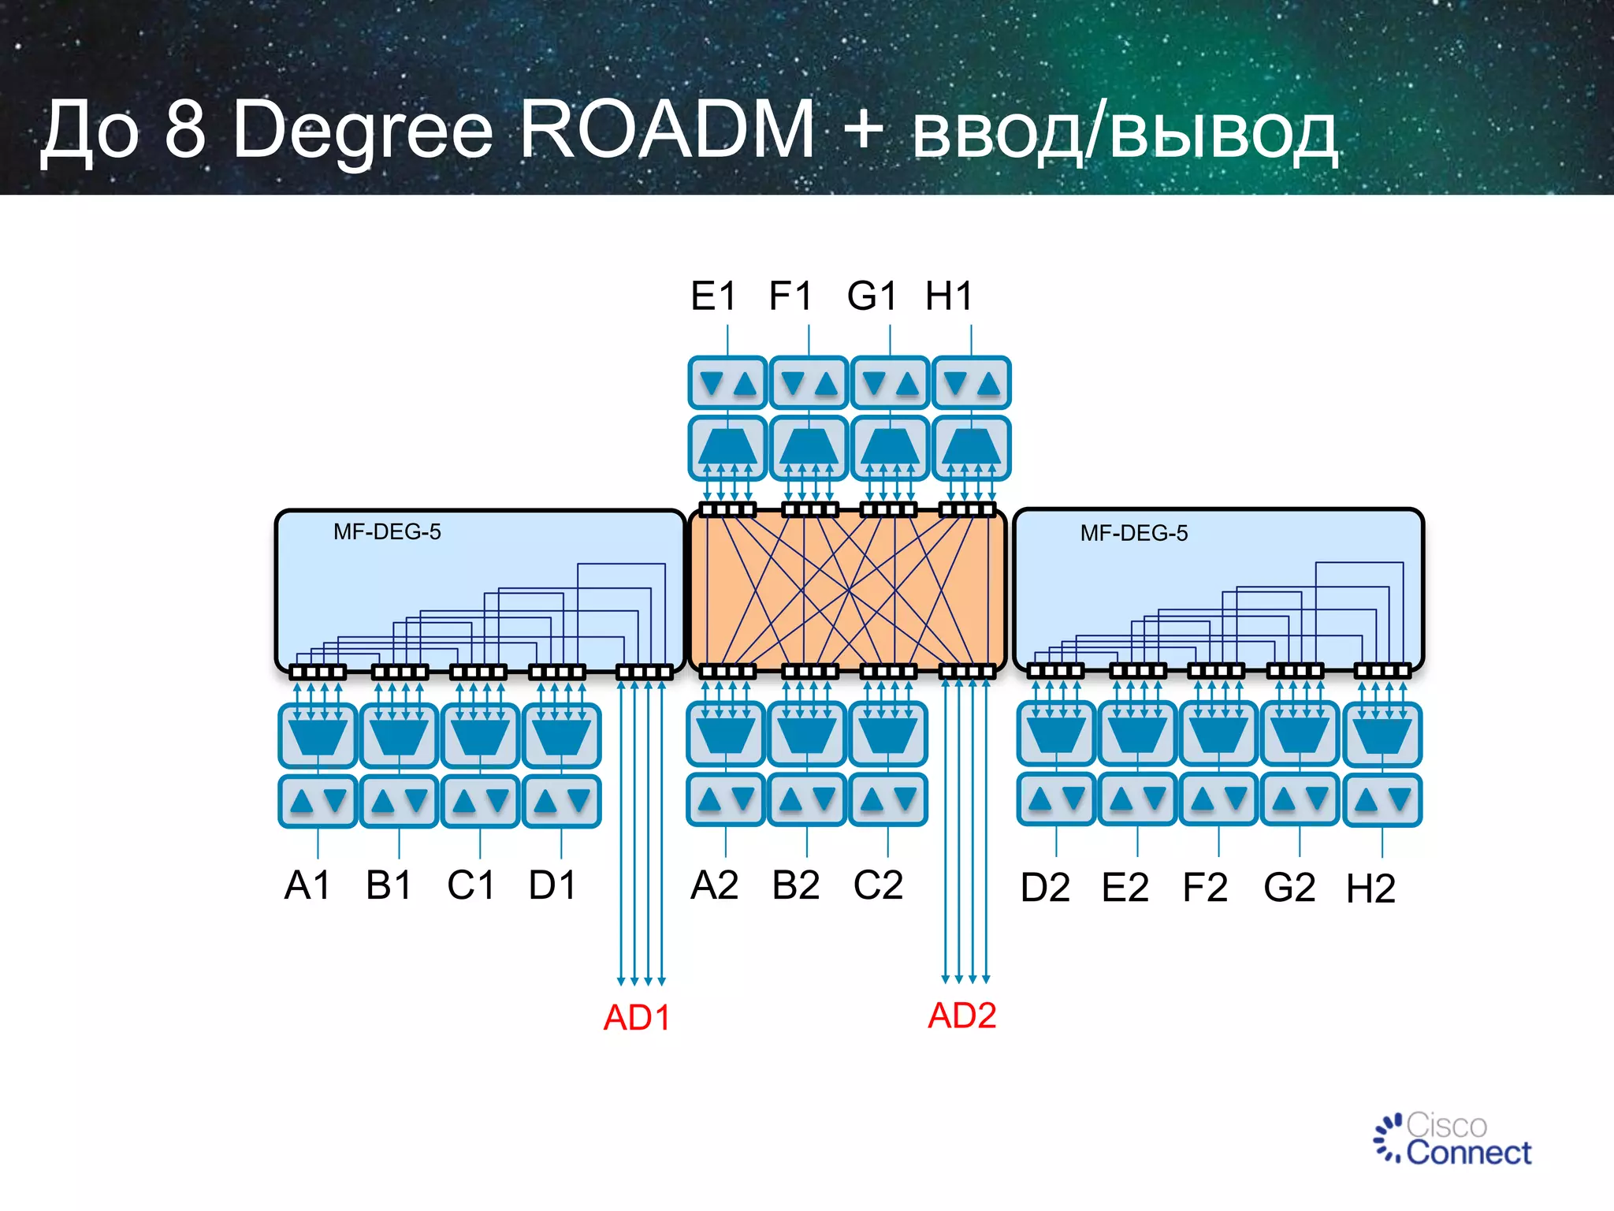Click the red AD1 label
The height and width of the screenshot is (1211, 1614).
[636, 1017]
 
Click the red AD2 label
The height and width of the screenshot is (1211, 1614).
[961, 1015]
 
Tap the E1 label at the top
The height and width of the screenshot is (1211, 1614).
[713, 296]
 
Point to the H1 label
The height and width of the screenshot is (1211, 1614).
[949, 296]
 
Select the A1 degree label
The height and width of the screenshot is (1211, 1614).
[307, 885]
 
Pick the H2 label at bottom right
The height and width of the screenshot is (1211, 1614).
[1370, 889]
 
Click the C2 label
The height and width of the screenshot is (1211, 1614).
[878, 885]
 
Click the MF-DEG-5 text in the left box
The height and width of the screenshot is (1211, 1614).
[387, 532]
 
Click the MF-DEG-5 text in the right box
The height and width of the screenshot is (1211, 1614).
[1133, 534]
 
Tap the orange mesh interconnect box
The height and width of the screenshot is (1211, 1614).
[847, 590]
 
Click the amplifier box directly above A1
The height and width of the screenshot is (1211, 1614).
[318, 801]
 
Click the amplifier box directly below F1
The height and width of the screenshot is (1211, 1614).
[809, 383]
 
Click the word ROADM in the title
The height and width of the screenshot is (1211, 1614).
[667, 130]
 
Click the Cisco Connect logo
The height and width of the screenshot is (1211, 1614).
[1452, 1140]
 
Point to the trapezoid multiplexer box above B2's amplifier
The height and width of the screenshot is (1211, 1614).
[806, 734]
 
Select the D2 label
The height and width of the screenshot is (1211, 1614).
[1045, 888]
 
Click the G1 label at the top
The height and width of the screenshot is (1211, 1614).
[872, 296]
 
